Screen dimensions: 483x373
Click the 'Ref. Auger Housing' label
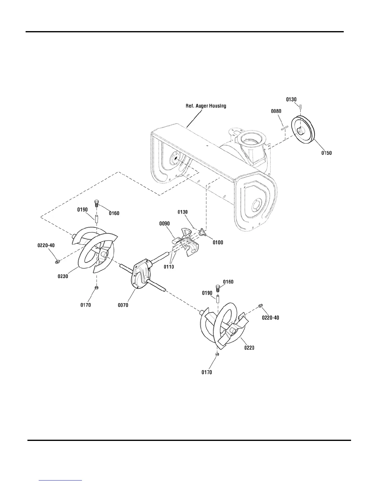click(x=206, y=106)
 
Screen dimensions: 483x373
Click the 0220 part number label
click(x=249, y=348)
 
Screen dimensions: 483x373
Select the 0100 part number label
click(x=218, y=242)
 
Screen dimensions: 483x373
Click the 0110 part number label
click(x=169, y=267)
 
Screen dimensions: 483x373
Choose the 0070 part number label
click(x=124, y=305)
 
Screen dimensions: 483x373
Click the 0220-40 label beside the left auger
click(x=47, y=245)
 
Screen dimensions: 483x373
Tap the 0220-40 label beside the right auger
click(x=270, y=318)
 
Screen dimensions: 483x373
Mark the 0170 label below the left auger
click(x=86, y=305)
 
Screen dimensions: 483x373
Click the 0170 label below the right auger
click(x=207, y=372)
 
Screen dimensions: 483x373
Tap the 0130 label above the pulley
click(x=291, y=99)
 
